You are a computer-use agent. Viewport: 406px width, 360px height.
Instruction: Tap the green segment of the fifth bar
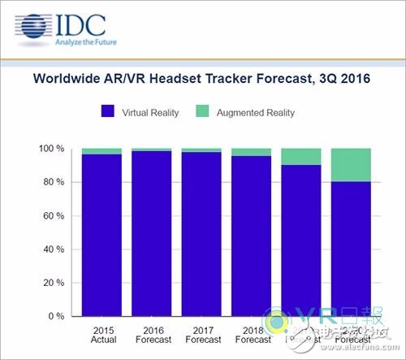pyautogui.click(x=302, y=157)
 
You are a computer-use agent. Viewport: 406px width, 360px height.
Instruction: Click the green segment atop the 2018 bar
pyautogui.click(x=252, y=152)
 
